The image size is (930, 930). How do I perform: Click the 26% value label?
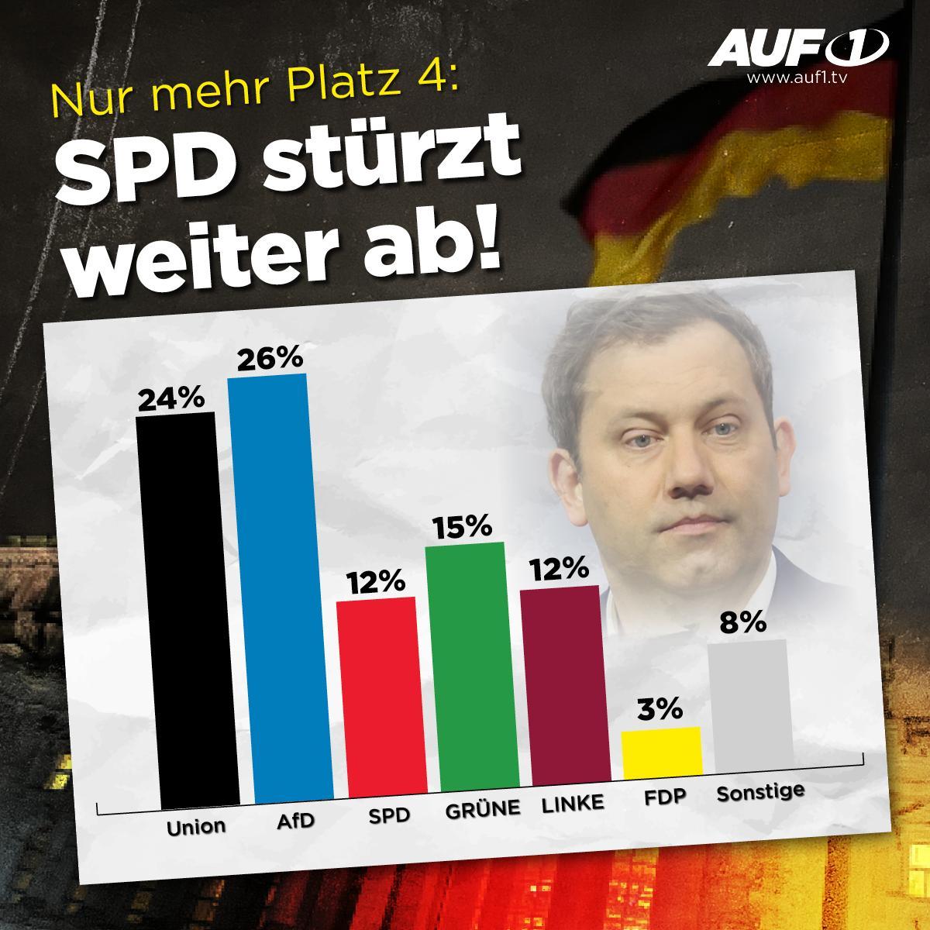click(x=270, y=360)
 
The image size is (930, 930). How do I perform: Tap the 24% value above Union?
click(x=170, y=400)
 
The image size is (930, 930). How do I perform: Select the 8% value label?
click(x=742, y=622)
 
